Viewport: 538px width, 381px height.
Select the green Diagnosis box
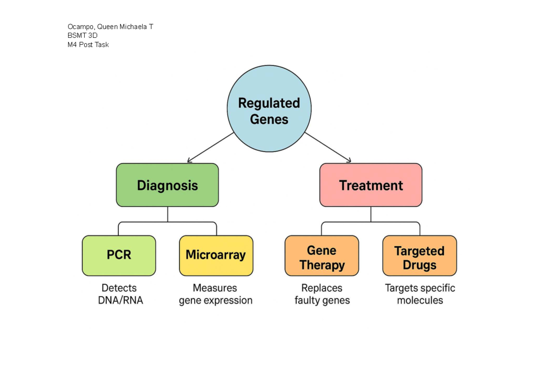point(167,185)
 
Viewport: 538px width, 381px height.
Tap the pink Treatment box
point(371,185)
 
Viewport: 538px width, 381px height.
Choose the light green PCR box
point(119,255)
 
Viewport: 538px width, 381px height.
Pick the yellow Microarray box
point(216,255)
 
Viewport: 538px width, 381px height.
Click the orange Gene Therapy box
point(322,256)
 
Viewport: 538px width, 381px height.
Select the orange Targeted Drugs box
point(419,256)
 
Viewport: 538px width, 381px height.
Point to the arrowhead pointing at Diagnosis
point(189,160)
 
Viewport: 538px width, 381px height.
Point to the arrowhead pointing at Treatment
point(349,160)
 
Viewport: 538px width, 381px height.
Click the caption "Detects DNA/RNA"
point(120,294)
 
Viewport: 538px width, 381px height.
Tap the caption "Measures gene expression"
point(216,294)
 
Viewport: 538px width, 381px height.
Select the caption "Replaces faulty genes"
point(322,294)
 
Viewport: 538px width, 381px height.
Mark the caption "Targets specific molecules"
point(420,294)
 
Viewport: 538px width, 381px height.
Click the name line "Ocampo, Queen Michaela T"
point(110,27)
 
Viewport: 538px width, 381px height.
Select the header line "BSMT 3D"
point(82,35)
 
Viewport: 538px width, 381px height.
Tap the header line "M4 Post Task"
point(88,44)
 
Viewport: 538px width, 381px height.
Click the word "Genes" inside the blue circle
point(269,119)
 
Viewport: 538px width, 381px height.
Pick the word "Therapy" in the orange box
point(322,265)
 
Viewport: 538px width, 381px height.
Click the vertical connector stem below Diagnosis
point(167,215)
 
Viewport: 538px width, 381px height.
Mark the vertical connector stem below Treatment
point(371,215)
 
